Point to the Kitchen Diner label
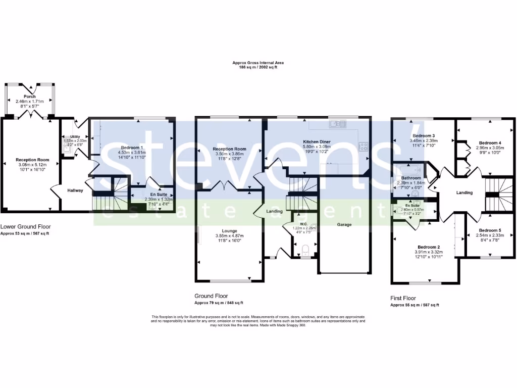point(317,141)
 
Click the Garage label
point(344,224)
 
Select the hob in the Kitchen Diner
point(363,147)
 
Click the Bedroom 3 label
point(423,136)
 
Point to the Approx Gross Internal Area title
point(258,63)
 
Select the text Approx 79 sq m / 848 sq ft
point(219,303)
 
